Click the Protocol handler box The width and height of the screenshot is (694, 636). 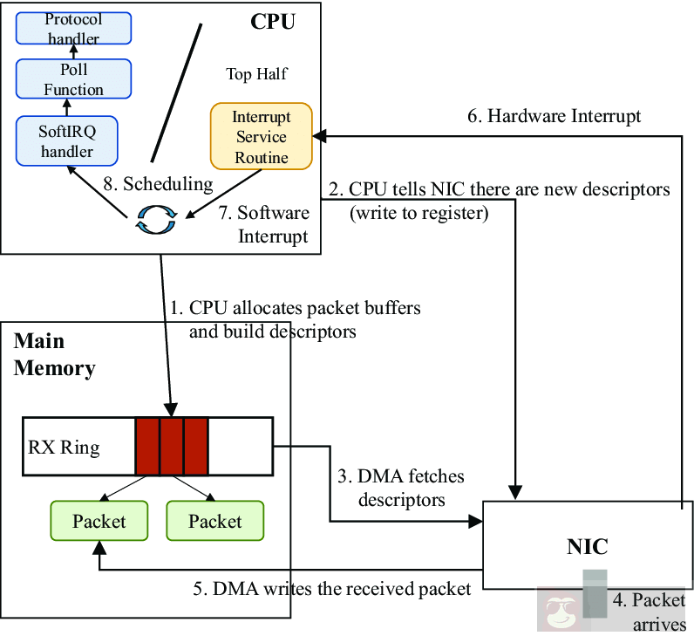(73, 28)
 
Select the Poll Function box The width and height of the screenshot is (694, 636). (73, 79)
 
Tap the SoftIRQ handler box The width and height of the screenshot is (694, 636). (66, 140)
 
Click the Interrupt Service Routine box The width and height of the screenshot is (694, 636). (262, 137)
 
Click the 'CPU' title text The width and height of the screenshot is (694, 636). (272, 21)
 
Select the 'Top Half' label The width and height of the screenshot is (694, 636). (256, 74)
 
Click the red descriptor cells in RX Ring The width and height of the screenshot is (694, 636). (172, 446)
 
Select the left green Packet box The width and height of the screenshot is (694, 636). (99, 521)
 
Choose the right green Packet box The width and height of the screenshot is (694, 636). (214, 521)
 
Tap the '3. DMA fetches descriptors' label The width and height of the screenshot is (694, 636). (400, 488)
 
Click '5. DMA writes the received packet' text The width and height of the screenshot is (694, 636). (331, 588)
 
